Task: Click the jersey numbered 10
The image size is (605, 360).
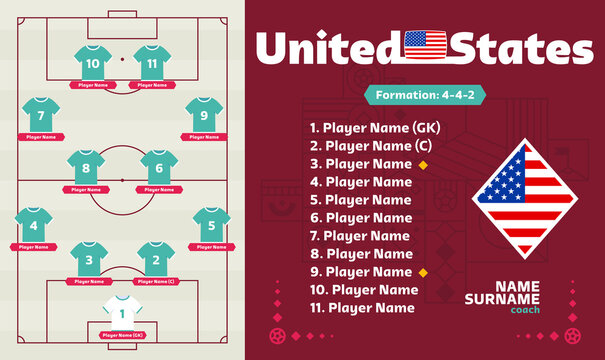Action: pos(93,63)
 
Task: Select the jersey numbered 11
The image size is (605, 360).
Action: pos(152,63)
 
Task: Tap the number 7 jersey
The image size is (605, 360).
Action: pos(41,115)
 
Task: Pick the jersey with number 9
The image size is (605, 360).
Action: pos(204,115)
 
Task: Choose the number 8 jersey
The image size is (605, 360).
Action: pos(86,167)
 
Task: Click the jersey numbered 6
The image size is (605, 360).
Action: pos(158,167)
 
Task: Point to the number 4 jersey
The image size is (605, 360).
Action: pos(33,225)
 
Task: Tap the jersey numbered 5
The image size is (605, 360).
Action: pos(212,225)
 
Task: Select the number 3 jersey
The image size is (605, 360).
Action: pos(89,261)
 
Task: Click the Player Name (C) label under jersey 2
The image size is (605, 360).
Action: pos(155,282)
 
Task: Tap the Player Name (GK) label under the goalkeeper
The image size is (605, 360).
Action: pos(122,333)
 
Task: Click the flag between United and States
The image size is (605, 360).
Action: pos(427,46)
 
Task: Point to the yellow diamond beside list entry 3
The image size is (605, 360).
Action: pos(423,164)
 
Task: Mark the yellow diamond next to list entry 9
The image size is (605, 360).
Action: pos(423,272)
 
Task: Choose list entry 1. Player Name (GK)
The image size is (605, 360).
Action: pos(374,128)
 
